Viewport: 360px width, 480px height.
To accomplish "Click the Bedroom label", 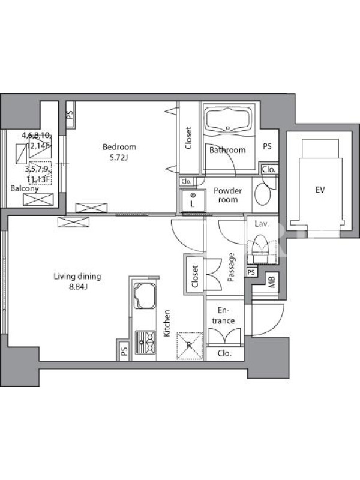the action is point(119,147).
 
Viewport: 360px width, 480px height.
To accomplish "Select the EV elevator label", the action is point(320,190).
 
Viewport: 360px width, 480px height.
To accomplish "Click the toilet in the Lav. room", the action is point(261,245).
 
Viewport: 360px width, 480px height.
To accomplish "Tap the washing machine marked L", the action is point(193,200).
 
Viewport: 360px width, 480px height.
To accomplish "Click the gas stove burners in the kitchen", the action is point(146,342).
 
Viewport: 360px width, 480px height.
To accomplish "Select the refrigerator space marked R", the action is point(190,346).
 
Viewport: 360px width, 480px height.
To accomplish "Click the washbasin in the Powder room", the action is point(263,194).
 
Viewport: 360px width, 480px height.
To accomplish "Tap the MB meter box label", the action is point(272,281).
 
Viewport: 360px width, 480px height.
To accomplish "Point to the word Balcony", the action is point(25,188).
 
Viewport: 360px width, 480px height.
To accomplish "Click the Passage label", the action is point(232,267).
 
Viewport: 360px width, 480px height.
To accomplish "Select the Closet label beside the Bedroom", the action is point(188,138).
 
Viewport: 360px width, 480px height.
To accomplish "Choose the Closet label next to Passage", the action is point(195,277).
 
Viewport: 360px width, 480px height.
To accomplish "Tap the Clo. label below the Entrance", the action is point(224,353).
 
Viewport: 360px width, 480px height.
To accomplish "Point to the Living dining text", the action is point(77,277).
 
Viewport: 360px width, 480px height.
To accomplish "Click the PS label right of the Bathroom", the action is point(267,146).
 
